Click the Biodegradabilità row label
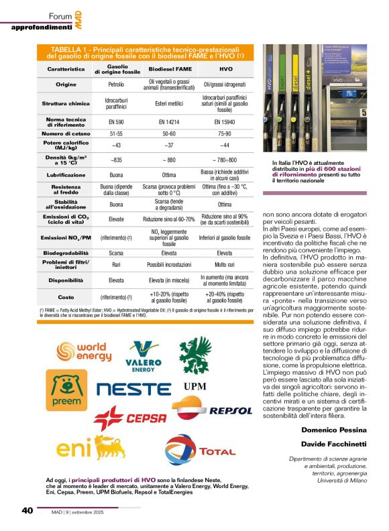pyautogui.click(x=65, y=253)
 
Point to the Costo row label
pyautogui.click(x=65, y=296)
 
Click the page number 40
pyautogui.click(x=27, y=510)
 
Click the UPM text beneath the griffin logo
pyautogui.click(x=194, y=386)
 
